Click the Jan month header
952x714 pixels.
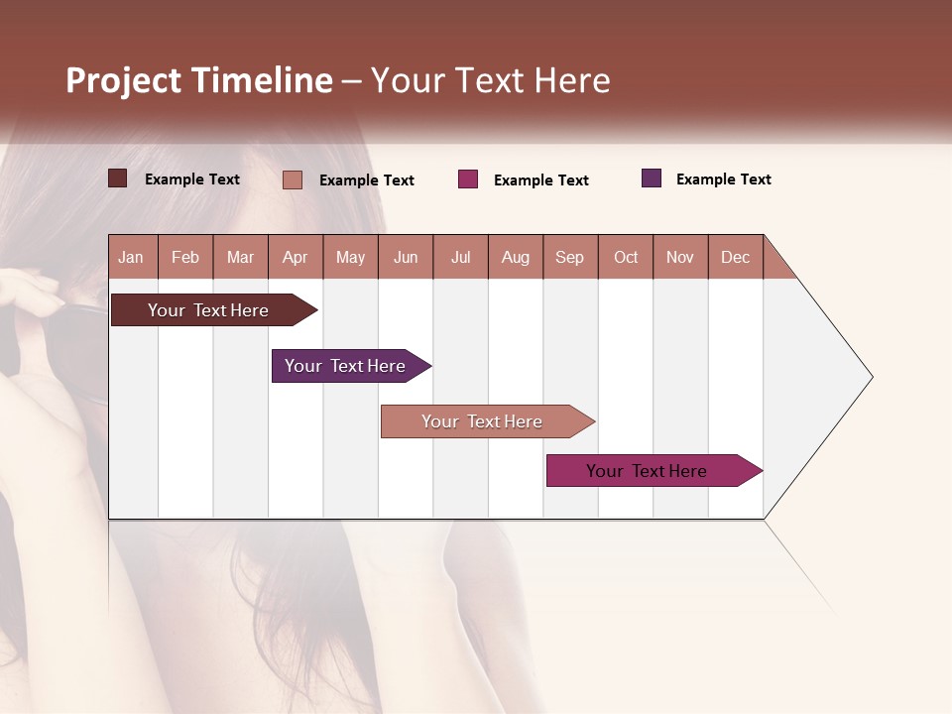(x=132, y=257)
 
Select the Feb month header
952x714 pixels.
(x=185, y=257)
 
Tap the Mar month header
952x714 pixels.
(x=240, y=257)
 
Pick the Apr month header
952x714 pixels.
(x=296, y=257)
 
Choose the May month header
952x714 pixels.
(x=350, y=257)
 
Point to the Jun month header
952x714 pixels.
(x=406, y=257)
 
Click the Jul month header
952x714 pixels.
(x=460, y=257)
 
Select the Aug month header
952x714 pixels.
(x=516, y=257)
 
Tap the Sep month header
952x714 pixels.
(x=570, y=257)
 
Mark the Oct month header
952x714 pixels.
(x=626, y=257)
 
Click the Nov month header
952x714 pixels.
(x=680, y=257)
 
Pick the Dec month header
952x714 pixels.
(x=736, y=257)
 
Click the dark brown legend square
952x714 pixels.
(x=118, y=178)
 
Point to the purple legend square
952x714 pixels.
(x=652, y=178)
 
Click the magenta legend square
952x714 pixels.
(x=468, y=179)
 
